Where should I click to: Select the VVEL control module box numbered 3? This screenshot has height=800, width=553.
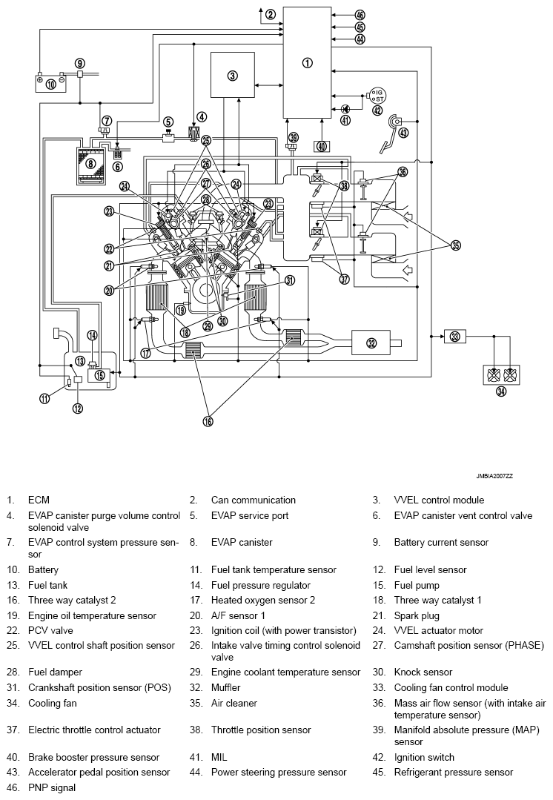point(232,75)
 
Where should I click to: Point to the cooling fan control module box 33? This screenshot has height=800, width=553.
point(454,336)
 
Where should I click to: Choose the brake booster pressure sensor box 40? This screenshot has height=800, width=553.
point(322,146)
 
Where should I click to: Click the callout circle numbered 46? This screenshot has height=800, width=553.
point(360,15)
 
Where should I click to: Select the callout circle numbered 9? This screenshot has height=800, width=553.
point(80,63)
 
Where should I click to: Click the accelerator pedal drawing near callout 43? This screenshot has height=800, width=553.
point(388,134)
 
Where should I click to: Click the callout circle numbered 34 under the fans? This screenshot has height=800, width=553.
point(502,391)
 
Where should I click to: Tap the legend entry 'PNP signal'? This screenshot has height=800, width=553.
point(52,787)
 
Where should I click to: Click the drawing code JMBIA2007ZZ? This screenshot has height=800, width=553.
point(494,476)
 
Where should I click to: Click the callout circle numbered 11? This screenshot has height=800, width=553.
point(44,398)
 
